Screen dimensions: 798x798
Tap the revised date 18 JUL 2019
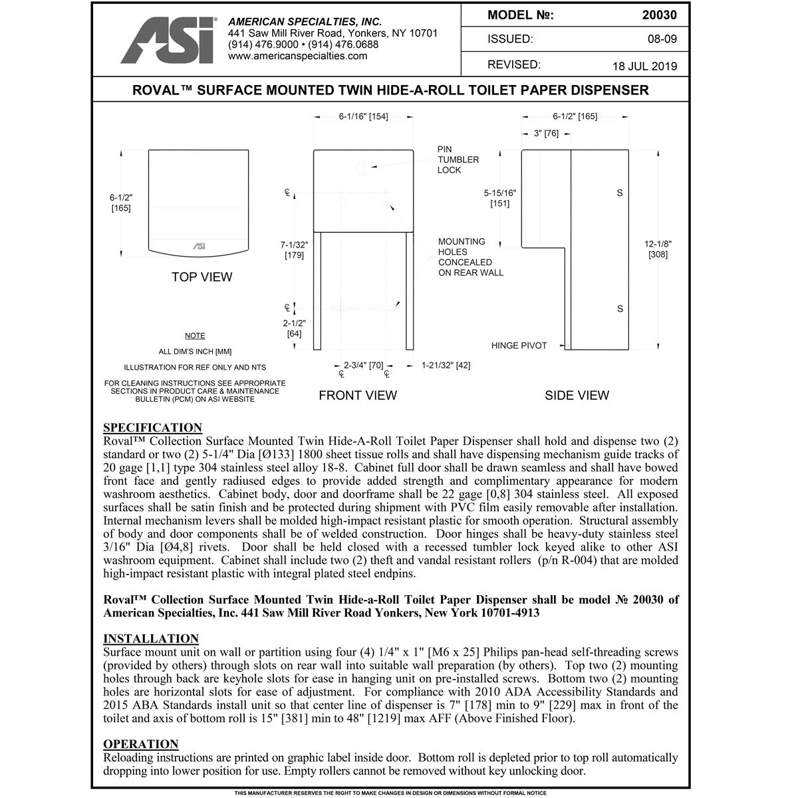pos(644,66)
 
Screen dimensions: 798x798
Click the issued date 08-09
pos(662,39)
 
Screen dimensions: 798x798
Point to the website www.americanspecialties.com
pos(297,56)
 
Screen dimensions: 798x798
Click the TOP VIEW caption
pos(201,277)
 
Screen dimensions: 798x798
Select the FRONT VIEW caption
pos(357,396)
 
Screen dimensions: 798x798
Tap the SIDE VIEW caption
pos(577,396)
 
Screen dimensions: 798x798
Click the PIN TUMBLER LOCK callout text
pos(458,160)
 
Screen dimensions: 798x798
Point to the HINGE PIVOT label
pos(519,346)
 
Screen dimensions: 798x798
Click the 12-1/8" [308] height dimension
pos(657,249)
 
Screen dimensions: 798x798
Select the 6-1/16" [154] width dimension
pos(363,117)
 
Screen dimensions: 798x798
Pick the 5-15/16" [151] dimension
pos(499,198)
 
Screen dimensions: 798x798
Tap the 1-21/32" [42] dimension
pos(446,366)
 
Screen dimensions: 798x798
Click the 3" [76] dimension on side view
pos(546,134)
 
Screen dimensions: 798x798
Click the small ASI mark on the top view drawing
pos(199,246)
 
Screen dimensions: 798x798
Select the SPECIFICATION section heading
pos(152,428)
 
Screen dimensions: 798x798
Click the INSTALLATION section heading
pos(151,639)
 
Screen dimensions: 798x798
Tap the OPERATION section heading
pos(141,744)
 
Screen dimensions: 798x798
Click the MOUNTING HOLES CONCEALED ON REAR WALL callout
pos(470,257)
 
